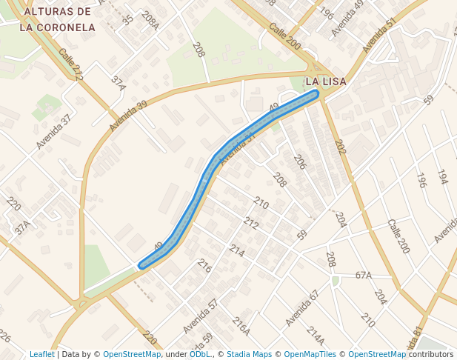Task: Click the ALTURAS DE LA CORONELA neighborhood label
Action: coord(57,20)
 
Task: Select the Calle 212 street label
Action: coord(71,64)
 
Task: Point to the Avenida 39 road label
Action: coord(128,115)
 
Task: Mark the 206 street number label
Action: coord(300,162)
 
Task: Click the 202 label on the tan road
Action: coord(340,147)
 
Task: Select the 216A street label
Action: coord(241,326)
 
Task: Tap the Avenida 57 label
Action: coord(201,315)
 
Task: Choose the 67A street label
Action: coord(363,276)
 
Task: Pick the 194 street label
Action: coord(442,176)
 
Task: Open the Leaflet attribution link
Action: coord(41,354)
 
